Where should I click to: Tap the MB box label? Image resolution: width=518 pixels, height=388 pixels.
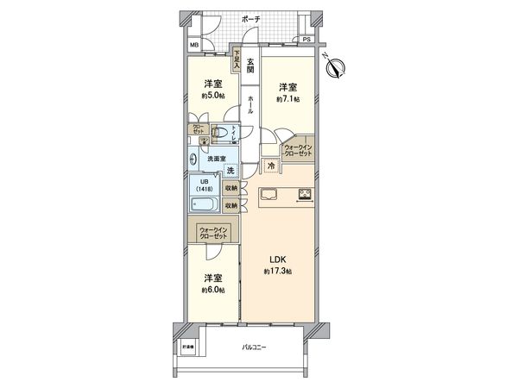(194, 47)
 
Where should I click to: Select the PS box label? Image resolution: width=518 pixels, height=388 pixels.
(306, 40)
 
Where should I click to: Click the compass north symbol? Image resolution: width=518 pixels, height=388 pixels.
(337, 66)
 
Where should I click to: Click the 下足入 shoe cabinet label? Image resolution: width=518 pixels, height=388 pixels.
(236, 59)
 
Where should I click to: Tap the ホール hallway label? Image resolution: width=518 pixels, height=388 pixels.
(250, 105)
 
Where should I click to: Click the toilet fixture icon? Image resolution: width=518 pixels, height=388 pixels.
(223, 134)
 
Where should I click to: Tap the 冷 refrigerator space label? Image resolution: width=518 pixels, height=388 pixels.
(270, 166)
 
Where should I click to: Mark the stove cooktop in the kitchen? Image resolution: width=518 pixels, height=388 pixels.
(306, 193)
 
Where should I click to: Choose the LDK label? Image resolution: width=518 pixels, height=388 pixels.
(276, 260)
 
